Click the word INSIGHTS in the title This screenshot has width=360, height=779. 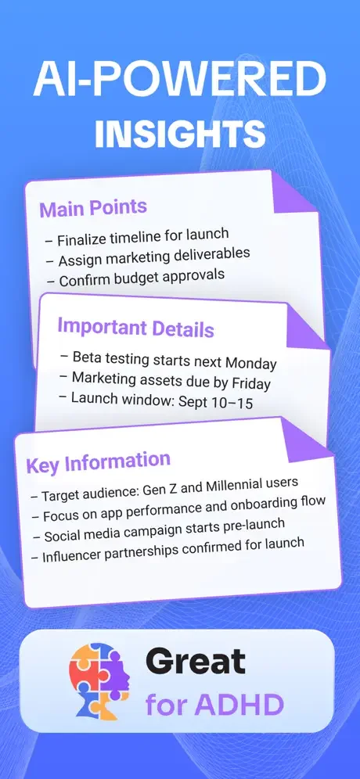[x=180, y=132]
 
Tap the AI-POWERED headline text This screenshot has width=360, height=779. [x=180, y=79]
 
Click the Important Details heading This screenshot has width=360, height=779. [x=135, y=328]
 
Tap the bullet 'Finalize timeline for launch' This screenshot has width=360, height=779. [x=137, y=238]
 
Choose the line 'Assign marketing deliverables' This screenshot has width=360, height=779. [x=147, y=258]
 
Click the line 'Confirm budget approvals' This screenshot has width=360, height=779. [x=135, y=278]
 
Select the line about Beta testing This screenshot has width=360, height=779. [x=168, y=360]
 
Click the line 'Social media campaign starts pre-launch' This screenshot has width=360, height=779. [x=157, y=530]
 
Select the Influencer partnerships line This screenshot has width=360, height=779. [x=167, y=550]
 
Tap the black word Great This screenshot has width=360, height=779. [x=196, y=662]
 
